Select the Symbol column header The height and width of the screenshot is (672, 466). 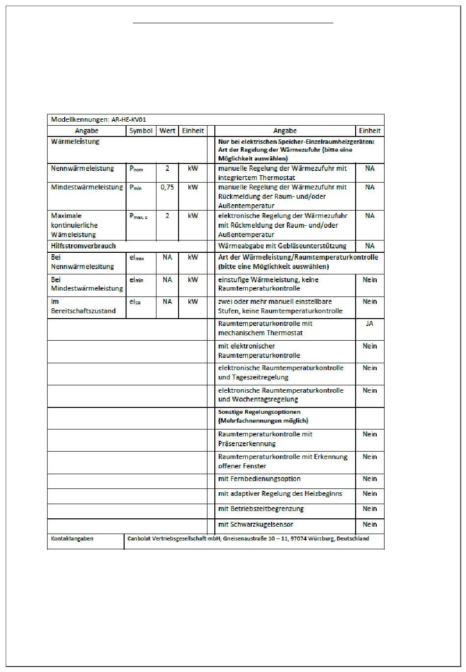click(141, 131)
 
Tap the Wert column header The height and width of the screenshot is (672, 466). click(167, 131)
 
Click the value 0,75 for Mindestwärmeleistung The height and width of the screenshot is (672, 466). click(167, 188)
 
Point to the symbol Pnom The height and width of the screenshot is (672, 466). click(136, 169)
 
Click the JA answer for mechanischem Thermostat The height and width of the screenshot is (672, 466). click(369, 324)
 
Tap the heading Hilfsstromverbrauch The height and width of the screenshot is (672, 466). click(83, 246)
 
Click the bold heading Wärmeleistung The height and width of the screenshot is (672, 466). click(75, 141)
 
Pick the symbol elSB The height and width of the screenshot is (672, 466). click(135, 302)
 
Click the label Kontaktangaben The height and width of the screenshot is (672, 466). click(72, 539)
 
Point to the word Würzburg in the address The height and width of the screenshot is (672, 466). click(320, 539)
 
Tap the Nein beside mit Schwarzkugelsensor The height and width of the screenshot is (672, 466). click(369, 525)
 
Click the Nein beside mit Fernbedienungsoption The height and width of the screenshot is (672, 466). click(369, 479)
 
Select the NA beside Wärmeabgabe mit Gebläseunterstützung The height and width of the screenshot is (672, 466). click(369, 246)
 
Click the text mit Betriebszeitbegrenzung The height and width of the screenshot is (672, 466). click(260, 509)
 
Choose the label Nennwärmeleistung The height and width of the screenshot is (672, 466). click(82, 168)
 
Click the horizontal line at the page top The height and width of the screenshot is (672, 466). click(233, 23)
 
